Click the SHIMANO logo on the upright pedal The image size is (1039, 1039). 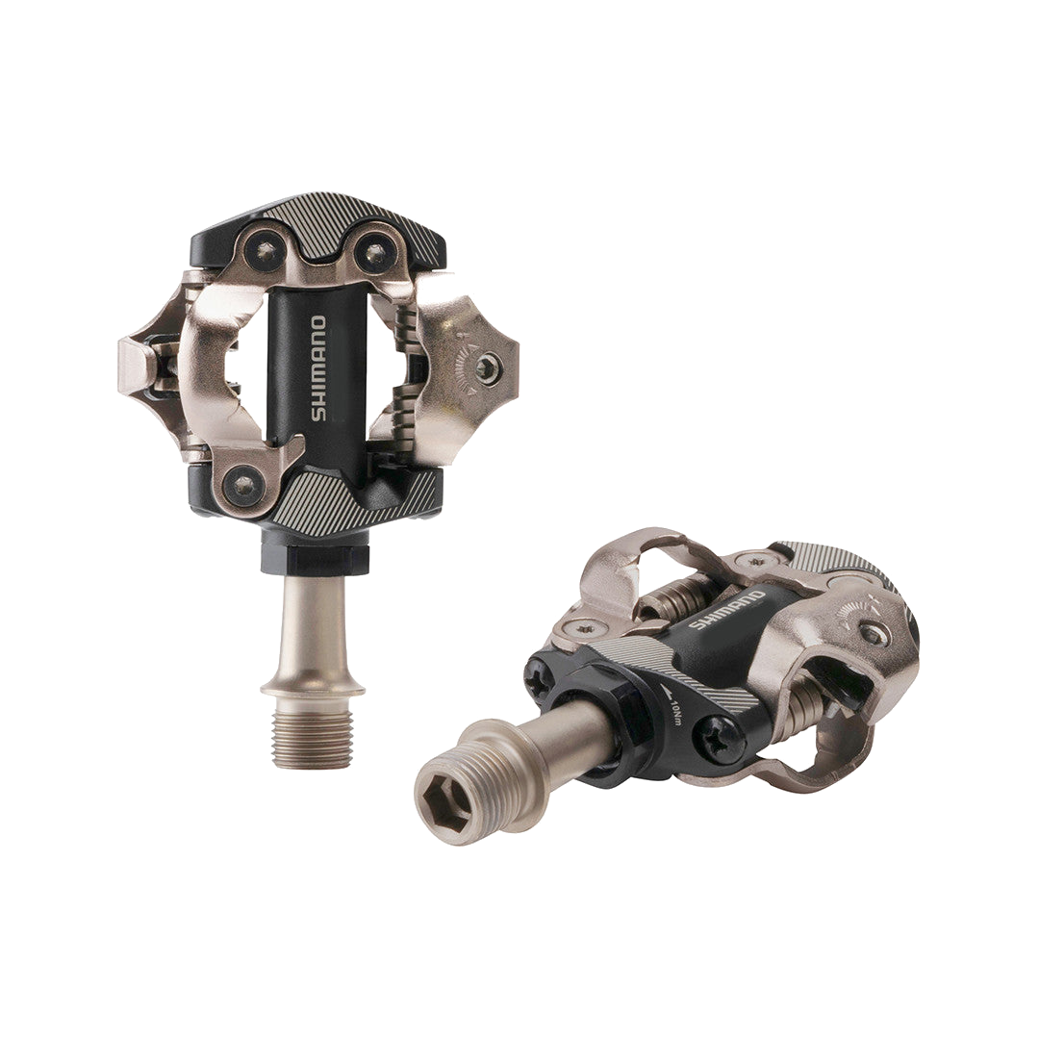[x=318, y=368]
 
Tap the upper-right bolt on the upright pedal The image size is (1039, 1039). [x=373, y=252]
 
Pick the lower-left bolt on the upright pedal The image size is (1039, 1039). [x=243, y=484]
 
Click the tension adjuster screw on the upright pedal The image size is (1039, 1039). [x=487, y=368]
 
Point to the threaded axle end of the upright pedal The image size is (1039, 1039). [x=312, y=736]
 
